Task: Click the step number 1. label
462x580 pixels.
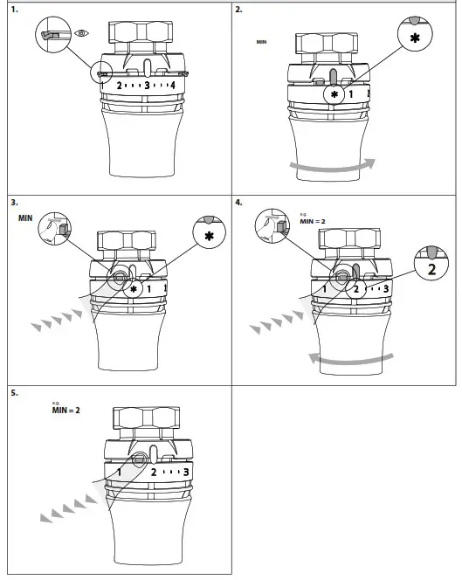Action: tap(14, 10)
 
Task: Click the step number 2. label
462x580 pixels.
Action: tap(239, 10)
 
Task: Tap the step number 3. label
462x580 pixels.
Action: tap(14, 202)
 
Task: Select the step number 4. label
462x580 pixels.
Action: tap(239, 202)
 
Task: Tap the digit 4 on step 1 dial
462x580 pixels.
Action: tap(174, 86)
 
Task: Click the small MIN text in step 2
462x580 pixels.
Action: tap(261, 41)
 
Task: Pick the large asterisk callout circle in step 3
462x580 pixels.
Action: tap(209, 235)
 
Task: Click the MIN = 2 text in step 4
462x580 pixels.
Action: tap(312, 222)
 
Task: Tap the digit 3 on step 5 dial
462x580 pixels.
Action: tap(184, 473)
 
